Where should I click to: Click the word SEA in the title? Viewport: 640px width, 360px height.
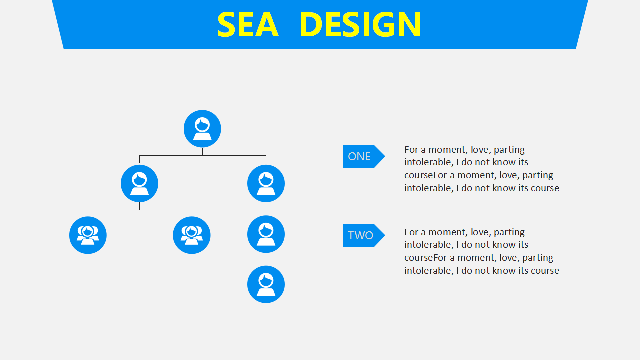pos(248,24)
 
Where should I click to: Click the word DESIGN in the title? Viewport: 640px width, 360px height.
pos(360,24)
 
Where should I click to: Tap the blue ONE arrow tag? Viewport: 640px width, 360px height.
pos(364,156)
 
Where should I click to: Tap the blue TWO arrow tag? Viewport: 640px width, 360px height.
pos(364,235)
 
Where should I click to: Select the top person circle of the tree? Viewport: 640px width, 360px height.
pos(202,129)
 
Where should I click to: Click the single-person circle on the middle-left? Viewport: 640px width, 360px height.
pos(139,183)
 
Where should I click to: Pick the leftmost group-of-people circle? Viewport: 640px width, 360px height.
pos(88,235)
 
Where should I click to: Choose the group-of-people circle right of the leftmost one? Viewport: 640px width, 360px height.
pos(191,235)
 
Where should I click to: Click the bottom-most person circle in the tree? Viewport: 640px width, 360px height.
pos(266,284)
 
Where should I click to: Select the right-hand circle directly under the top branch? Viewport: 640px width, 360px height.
pos(266,183)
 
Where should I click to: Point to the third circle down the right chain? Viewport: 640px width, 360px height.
pos(266,234)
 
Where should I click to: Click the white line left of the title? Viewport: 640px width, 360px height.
pos(153,26)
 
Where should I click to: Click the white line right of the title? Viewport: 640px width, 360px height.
pos(494,26)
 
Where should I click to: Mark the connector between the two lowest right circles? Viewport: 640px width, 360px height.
pos(266,259)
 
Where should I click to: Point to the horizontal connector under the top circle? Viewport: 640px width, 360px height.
pos(203,155)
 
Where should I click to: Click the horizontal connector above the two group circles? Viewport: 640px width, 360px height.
pos(140,209)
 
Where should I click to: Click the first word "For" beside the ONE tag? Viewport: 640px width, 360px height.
pos(411,149)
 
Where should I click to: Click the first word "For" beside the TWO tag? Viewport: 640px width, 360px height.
pos(411,232)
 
